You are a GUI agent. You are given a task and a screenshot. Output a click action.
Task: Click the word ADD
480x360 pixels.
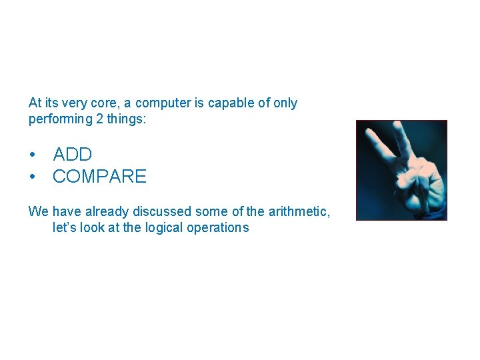click(72, 155)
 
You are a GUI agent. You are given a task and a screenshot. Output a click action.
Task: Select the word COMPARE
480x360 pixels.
click(99, 177)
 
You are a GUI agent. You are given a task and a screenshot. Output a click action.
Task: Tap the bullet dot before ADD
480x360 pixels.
click(32, 155)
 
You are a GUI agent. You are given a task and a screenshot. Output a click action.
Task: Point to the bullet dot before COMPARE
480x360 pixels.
click(32, 177)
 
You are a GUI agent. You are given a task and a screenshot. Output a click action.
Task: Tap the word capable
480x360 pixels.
click(228, 103)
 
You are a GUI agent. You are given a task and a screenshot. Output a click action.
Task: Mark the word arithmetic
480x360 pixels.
click(299, 212)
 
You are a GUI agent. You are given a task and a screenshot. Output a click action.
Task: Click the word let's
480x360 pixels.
click(64, 227)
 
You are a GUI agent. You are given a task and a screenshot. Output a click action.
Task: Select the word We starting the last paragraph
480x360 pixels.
click(38, 211)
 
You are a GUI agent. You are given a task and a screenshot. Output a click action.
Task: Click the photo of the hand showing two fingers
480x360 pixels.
click(401, 170)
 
